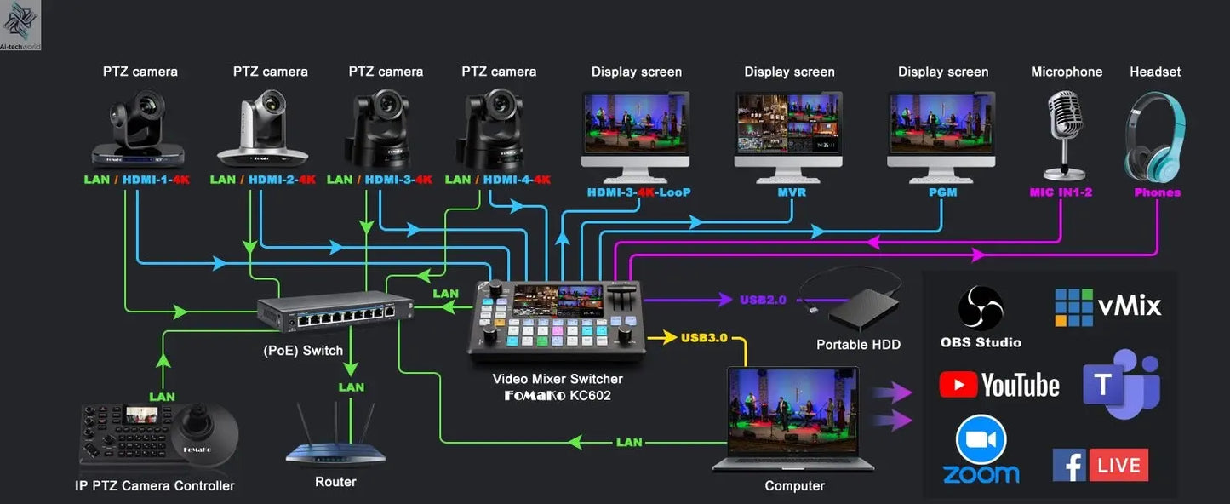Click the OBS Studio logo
(x=981, y=308)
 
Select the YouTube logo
(x=999, y=385)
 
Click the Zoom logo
(x=981, y=451)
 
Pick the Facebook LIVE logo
(x=1101, y=465)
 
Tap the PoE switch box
(x=336, y=314)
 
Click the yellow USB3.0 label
(x=704, y=338)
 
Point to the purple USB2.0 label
(x=763, y=300)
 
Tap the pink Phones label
(x=1157, y=192)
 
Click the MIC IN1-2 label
(x=1061, y=192)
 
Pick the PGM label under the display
(x=942, y=192)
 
